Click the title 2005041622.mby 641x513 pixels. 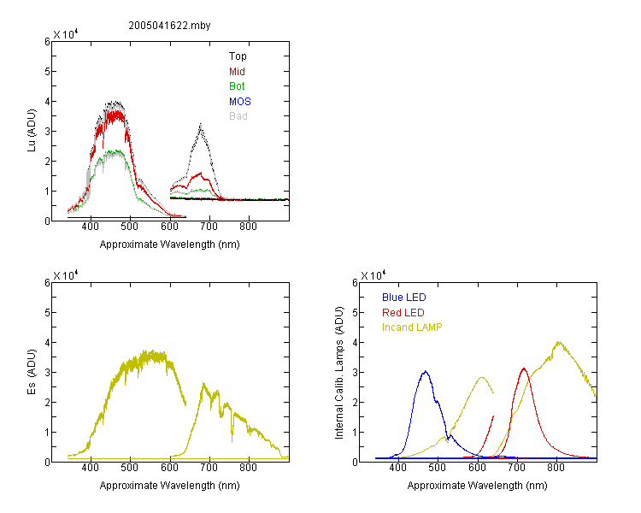click(169, 26)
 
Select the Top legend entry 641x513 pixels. click(238, 56)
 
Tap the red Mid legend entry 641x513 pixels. click(237, 72)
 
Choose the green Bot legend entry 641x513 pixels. click(237, 86)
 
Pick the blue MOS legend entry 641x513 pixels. click(240, 102)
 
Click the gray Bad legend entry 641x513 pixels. click(238, 116)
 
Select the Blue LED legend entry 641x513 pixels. click(404, 298)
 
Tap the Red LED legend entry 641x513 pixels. click(403, 313)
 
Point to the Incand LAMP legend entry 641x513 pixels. click(412, 327)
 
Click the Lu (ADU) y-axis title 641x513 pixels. click(32, 131)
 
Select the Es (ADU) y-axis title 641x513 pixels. click(32, 372)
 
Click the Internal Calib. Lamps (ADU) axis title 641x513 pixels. click(339, 373)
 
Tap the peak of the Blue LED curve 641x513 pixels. click(426, 371)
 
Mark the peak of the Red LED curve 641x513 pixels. click(524, 369)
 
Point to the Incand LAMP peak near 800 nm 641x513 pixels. click(558, 342)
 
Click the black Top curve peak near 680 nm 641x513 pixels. click(201, 123)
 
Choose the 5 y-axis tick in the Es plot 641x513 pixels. click(47, 313)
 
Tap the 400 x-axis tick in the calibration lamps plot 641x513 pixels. click(398, 468)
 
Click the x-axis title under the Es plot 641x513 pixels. click(170, 486)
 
